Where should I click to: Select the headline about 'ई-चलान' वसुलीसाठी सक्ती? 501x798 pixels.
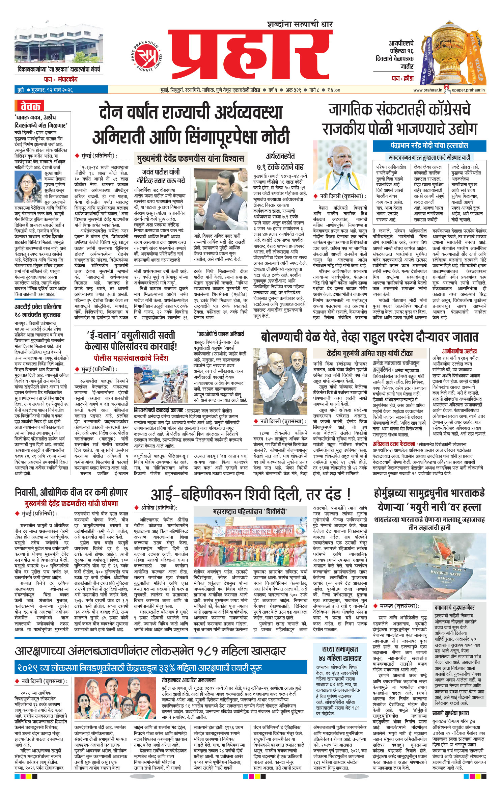click(x=131, y=341)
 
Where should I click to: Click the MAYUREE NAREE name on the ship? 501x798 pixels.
click(x=445, y=574)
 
